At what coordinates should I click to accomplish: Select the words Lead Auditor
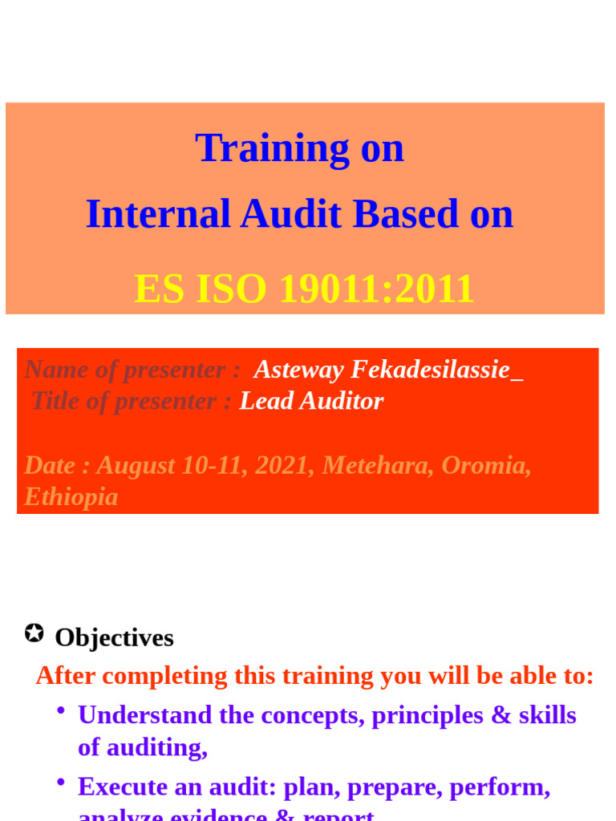[311, 401]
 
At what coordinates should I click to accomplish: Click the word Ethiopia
[71, 497]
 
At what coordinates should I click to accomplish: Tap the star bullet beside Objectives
[34, 633]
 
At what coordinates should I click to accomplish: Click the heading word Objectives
[114, 638]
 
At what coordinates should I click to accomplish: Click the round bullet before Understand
[61, 711]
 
